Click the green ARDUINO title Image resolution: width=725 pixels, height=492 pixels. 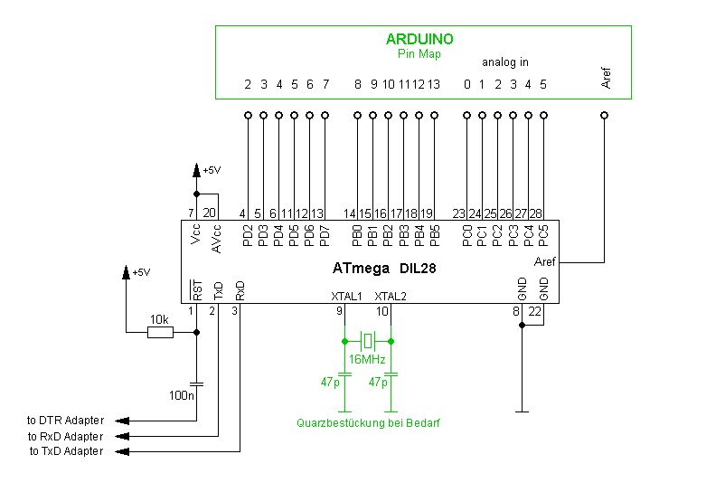pos(419,39)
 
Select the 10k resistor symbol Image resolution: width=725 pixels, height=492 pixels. pos(160,332)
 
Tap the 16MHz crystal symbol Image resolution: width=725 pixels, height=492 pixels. pos(368,341)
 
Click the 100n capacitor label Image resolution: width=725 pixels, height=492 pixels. pos(181,395)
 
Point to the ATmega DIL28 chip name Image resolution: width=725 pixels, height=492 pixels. pos(384,269)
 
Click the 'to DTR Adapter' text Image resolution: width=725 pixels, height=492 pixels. pos(65,421)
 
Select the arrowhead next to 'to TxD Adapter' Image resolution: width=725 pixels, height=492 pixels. pos(122,451)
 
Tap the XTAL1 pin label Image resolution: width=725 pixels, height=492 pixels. pos(346,297)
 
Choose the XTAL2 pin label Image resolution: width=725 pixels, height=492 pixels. pos(391,297)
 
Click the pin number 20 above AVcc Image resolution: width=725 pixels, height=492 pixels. pos(209,213)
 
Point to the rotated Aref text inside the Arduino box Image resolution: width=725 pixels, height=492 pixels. pos(606,78)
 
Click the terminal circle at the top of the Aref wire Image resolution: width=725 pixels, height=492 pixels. pos(604,115)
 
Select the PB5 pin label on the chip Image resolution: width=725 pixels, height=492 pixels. pos(435,236)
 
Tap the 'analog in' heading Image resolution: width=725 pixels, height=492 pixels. pos(505,62)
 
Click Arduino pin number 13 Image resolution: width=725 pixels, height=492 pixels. pos(433,84)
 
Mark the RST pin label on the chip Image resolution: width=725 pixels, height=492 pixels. pos(197,290)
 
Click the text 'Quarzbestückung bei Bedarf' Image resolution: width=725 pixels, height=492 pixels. pos(368,422)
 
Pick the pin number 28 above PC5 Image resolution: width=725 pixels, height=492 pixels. pos(535,213)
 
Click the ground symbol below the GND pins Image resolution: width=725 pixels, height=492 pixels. pos(522,411)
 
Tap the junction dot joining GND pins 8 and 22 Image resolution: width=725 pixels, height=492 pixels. pos(522,325)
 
